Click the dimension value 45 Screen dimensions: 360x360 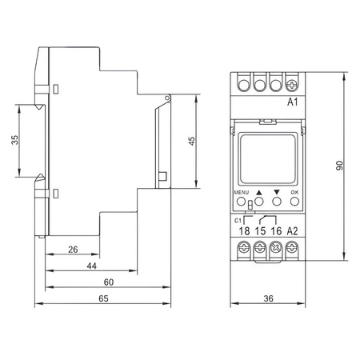(x=191, y=141)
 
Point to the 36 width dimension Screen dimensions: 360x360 (x=269, y=298)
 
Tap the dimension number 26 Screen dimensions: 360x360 (x=73, y=250)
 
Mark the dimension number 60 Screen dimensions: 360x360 (x=109, y=282)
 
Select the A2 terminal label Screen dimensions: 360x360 (x=293, y=231)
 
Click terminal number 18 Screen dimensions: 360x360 (x=244, y=231)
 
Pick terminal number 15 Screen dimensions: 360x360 (x=260, y=231)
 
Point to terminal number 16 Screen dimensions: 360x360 (x=276, y=231)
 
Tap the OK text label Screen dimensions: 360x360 (x=294, y=193)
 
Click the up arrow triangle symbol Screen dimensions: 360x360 (x=259, y=193)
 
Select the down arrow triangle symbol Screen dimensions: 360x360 (x=277, y=193)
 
